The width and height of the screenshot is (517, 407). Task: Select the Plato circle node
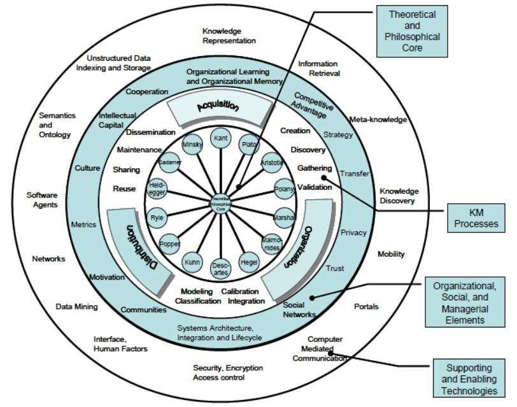(x=249, y=145)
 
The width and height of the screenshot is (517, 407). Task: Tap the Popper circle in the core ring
(x=169, y=244)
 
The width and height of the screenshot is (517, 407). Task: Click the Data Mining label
(x=76, y=306)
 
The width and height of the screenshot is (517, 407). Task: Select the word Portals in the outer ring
(x=366, y=306)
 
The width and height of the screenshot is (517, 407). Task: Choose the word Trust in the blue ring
(x=335, y=268)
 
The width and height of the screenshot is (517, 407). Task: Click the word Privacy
(x=353, y=232)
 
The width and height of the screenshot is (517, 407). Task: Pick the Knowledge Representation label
(x=229, y=36)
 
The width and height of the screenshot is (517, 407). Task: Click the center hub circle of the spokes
(x=220, y=204)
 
